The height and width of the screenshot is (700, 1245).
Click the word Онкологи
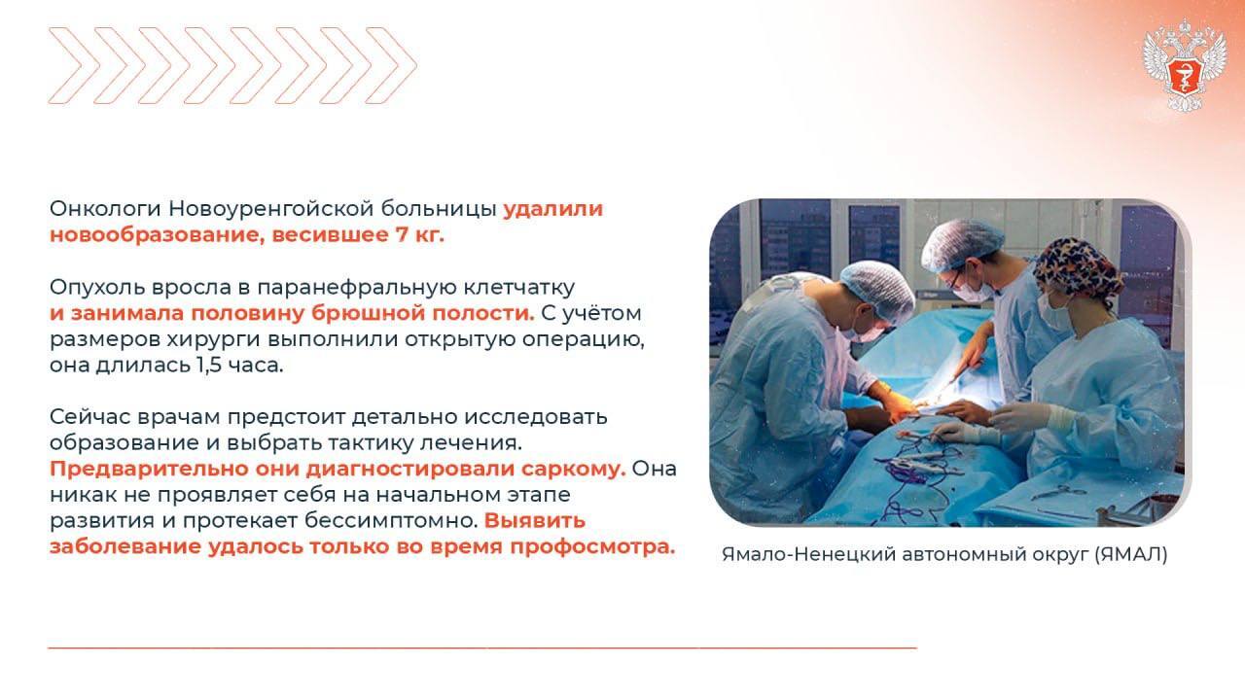tap(105, 209)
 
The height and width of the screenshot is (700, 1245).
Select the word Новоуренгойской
tap(271, 209)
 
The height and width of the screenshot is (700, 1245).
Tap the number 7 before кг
tap(402, 234)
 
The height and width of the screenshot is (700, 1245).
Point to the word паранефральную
tap(357, 288)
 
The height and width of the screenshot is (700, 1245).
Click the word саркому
tap(573, 469)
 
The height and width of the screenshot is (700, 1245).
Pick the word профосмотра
tap(592, 547)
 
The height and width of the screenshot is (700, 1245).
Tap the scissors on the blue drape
tap(1059, 493)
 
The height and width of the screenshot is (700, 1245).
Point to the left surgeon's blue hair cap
tap(878, 289)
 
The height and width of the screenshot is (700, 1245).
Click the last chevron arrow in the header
tap(391, 65)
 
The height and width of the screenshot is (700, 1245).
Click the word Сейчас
tap(89, 417)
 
